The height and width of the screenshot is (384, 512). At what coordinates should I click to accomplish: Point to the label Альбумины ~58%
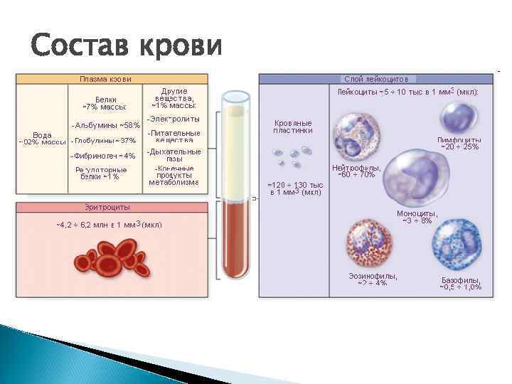(x=107, y=125)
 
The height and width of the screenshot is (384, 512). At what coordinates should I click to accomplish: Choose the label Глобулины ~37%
(x=105, y=140)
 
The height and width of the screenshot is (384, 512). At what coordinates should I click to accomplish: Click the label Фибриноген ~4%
(x=105, y=156)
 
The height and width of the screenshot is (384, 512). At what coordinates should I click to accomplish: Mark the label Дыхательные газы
(x=174, y=155)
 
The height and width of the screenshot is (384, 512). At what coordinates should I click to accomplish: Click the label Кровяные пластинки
(x=293, y=127)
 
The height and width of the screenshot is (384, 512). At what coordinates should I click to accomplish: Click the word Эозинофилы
(x=373, y=276)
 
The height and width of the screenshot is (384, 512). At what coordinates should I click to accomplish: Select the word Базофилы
(x=460, y=280)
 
